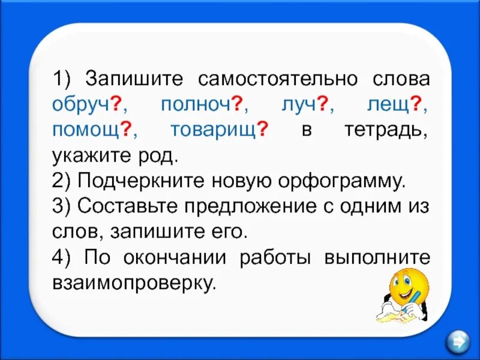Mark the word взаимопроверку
click(x=133, y=282)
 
